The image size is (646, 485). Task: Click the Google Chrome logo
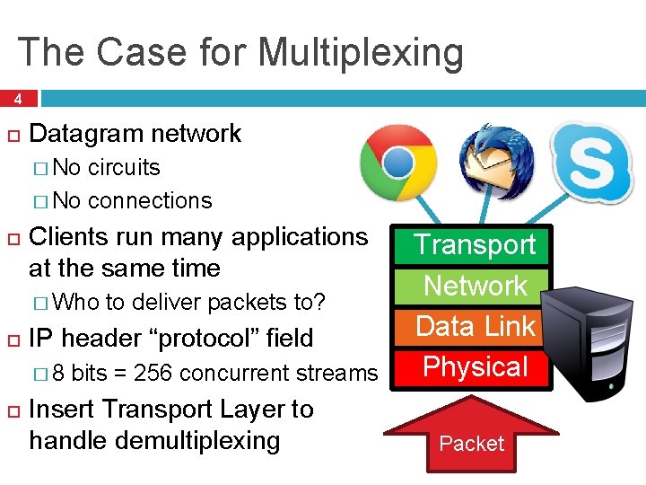(398, 163)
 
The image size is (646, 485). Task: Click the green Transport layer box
(475, 244)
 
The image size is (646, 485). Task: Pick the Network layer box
(475, 286)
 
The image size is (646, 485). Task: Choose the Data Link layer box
(475, 326)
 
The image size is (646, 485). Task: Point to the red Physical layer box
(475, 367)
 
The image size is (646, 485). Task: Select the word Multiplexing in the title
(361, 52)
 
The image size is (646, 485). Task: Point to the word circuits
(124, 168)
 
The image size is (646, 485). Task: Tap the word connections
(150, 200)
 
